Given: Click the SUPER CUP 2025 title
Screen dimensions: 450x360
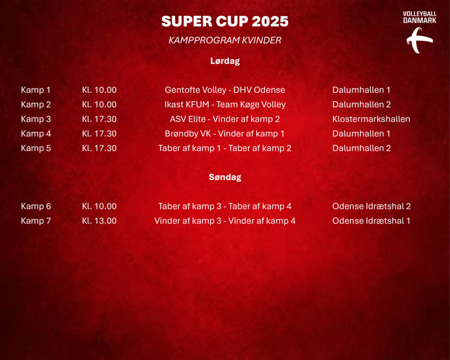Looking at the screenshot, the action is [x=225, y=21].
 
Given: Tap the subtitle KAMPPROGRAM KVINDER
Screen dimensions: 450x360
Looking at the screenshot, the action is [x=225, y=40].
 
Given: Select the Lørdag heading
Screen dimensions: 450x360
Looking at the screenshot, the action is [x=225, y=61].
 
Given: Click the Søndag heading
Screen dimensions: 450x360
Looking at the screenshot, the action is [x=225, y=177].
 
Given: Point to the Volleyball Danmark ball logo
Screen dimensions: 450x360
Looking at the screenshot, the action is [x=419, y=40].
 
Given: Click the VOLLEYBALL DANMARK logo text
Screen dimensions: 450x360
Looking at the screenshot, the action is [x=420, y=17].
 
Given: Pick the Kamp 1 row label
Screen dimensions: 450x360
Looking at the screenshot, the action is [x=36, y=90].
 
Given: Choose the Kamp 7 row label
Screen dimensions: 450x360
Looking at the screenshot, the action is [x=36, y=221].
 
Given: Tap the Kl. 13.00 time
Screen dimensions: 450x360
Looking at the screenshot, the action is [x=99, y=221].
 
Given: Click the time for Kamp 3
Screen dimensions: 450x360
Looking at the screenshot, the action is [x=99, y=119].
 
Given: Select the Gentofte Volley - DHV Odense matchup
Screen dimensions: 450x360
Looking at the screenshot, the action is [x=225, y=90].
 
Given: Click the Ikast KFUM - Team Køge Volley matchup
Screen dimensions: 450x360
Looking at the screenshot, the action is [x=225, y=105].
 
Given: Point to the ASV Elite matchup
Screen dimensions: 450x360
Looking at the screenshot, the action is [x=225, y=119].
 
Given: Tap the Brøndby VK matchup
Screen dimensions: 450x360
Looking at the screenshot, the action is [x=225, y=134].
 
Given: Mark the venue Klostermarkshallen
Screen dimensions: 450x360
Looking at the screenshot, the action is [x=371, y=119].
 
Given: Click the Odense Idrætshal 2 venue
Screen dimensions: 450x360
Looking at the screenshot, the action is [x=371, y=206].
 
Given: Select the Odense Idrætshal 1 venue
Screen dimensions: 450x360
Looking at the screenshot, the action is [x=371, y=221].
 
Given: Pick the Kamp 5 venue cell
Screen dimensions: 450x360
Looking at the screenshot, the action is [x=362, y=148].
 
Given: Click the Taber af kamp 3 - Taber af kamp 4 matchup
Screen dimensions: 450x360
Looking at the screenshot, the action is [x=225, y=206].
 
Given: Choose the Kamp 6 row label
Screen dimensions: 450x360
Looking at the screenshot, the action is [x=36, y=206].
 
